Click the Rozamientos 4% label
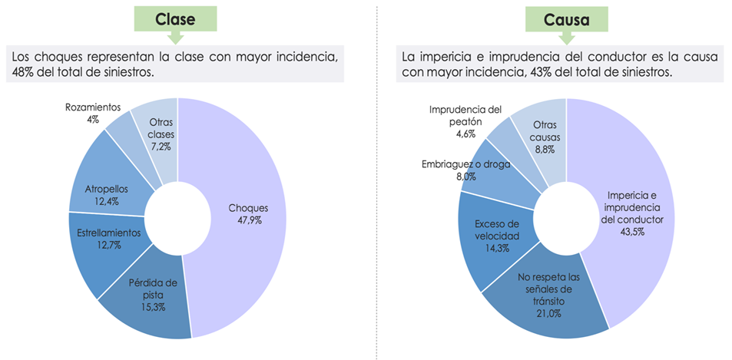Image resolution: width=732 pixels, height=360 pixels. [91, 114]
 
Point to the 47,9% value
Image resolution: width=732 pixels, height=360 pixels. [250, 220]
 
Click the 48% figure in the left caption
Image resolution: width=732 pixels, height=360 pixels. [22, 71]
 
